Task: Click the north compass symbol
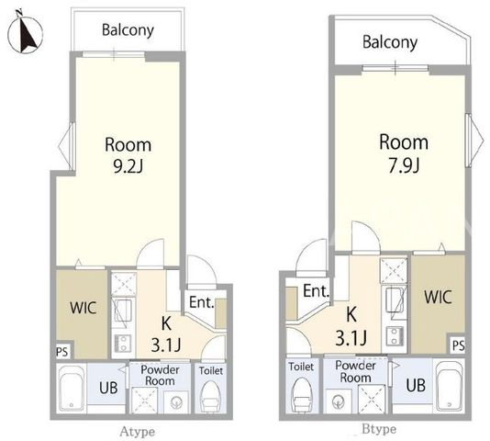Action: coord(25,32)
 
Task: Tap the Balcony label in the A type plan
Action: coord(128,30)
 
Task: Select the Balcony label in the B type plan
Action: coord(390,42)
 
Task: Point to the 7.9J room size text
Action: coord(404,165)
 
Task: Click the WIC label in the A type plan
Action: coord(83,308)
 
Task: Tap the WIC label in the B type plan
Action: coord(438,297)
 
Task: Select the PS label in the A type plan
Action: coord(61,352)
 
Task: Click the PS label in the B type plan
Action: coord(459,345)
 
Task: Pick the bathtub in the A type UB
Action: coord(72,389)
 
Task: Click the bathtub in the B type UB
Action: coord(449,386)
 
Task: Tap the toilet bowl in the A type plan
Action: coord(210,396)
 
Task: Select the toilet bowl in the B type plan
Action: coord(302,395)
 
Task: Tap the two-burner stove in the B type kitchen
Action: coord(395,335)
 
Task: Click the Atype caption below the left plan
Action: coord(138,432)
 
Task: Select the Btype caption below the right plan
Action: coord(379,429)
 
